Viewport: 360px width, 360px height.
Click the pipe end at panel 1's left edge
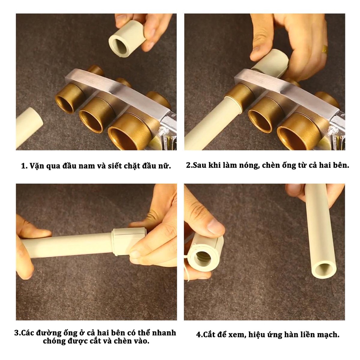tap(29, 127)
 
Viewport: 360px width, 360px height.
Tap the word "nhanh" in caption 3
tap(164, 333)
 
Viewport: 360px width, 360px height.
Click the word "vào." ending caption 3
tap(141, 341)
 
